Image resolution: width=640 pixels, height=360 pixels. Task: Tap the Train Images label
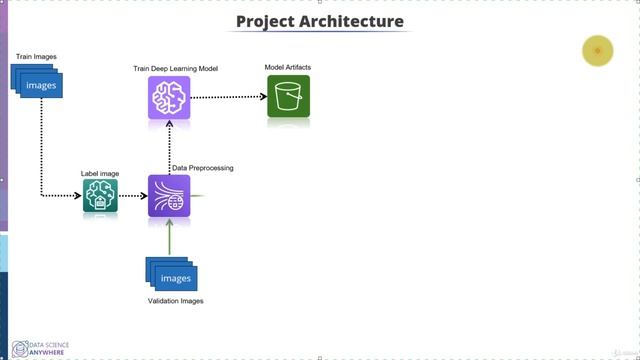(36, 56)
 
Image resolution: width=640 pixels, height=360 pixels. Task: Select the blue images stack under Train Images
(38, 83)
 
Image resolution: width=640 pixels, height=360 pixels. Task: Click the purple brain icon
(169, 97)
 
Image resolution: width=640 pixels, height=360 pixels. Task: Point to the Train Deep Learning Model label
(176, 69)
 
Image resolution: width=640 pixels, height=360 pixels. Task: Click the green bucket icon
(288, 97)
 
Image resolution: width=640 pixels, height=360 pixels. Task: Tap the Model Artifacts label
(288, 68)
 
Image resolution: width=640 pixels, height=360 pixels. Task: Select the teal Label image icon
(100, 196)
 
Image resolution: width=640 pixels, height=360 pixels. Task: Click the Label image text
(100, 174)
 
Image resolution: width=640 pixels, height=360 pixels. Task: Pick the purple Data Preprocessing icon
(169, 196)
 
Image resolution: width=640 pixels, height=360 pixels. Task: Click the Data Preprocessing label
(203, 168)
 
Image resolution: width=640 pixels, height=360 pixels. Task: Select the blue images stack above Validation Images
(171, 275)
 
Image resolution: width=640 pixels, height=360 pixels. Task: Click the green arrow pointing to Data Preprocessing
(169, 237)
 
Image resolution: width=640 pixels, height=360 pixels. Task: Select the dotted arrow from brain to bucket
(229, 97)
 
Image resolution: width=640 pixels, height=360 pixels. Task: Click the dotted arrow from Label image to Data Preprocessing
(133, 196)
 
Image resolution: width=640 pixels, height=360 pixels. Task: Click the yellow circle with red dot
(597, 51)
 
